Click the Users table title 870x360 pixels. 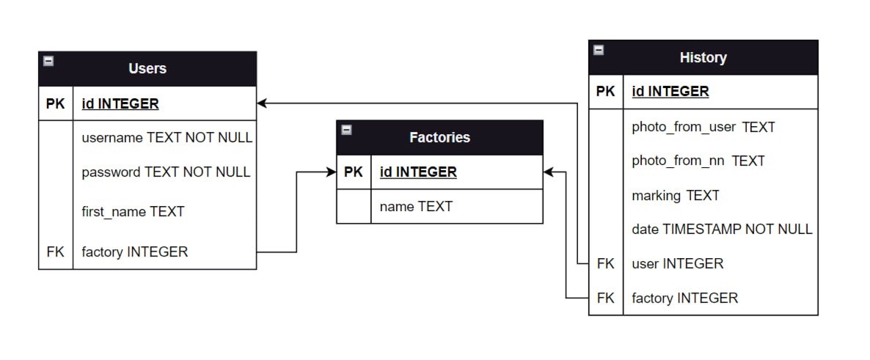pos(147,68)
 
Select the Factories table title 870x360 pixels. pos(439,137)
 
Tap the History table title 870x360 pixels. pos(703,57)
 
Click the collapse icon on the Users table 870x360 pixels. pos(48,62)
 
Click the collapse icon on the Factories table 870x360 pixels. pos(347,130)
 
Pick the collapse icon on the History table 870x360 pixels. pos(599,50)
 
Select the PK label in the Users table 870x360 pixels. pos(56,103)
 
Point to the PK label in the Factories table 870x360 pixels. pos(354,172)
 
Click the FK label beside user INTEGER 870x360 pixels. pos(605,263)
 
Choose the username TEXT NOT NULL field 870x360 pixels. pos(167,137)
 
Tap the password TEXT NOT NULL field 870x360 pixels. pos(166,172)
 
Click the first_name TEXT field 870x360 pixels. pos(133,212)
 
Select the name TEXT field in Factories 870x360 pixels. pos(416,207)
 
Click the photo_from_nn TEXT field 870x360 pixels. pos(698,161)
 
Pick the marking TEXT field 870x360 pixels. pos(675,195)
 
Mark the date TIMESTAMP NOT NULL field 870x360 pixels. pos(722,229)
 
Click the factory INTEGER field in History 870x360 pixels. pos(684,298)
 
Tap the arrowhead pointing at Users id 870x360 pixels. pos(262,103)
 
